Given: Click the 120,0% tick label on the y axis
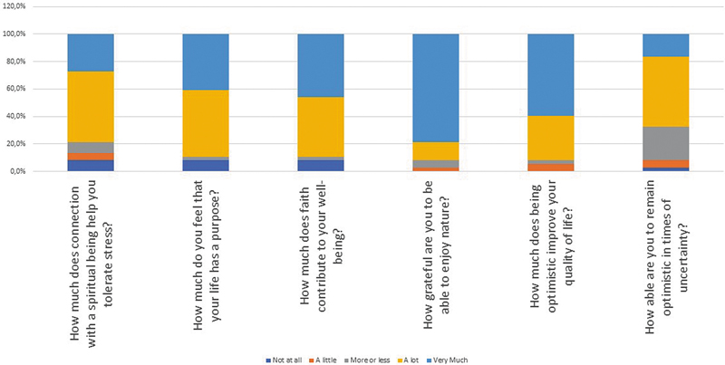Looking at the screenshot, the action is [x=14, y=6].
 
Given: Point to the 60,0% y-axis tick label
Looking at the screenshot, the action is [x=16, y=89].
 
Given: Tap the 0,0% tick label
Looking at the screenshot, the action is [x=18, y=171].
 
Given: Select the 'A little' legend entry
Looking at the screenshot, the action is [x=324, y=360].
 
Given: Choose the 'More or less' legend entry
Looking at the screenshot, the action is [x=368, y=360].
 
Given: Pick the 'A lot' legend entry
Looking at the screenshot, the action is [x=410, y=360].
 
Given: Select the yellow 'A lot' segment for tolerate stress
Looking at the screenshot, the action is [x=91, y=107].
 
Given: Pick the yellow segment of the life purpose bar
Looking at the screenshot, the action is [x=206, y=123].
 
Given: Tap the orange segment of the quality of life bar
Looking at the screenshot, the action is [x=551, y=168].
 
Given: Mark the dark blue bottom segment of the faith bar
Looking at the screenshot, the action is [x=321, y=166].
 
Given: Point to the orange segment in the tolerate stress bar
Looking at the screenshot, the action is [x=91, y=157].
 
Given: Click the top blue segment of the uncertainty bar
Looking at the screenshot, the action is [x=666, y=45].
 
